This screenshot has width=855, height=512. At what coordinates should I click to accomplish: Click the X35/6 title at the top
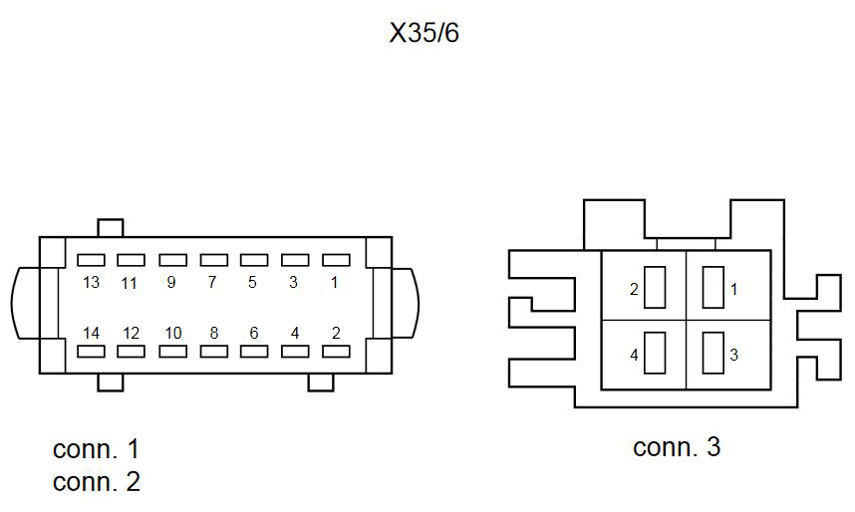coord(425,33)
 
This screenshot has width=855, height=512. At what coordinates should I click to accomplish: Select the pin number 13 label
coord(91,283)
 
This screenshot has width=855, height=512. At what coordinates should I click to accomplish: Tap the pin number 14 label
coord(91,333)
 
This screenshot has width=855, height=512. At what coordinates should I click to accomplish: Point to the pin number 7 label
coord(212,282)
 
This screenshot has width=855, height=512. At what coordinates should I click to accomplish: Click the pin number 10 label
coord(172,333)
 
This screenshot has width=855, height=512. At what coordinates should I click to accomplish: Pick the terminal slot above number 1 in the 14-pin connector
coord(336,260)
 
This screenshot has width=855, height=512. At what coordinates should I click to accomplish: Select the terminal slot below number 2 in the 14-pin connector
coord(336,352)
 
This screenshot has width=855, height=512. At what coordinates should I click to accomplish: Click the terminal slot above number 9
coord(172,260)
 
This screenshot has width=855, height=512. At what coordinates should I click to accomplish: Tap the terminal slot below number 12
coord(131,352)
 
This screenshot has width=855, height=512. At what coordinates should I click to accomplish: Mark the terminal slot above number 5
coord(254,260)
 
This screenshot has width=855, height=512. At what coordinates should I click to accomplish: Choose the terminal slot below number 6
coord(254,352)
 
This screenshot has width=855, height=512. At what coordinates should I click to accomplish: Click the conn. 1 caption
coord(97,449)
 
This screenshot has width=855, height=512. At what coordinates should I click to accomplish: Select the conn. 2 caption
coord(97,482)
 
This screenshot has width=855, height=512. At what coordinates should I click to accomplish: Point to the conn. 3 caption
coord(677,447)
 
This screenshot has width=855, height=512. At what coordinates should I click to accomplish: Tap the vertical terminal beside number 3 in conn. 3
coord(713,353)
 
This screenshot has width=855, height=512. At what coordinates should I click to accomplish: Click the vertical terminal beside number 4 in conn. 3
coord(655,353)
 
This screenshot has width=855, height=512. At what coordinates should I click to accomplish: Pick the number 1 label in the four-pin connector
coord(734,289)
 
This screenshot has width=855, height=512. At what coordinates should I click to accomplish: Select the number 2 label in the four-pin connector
coord(634,289)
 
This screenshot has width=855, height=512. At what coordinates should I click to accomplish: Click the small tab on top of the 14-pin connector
coord(111,228)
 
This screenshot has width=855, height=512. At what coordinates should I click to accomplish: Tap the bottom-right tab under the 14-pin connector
coord(321,383)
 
